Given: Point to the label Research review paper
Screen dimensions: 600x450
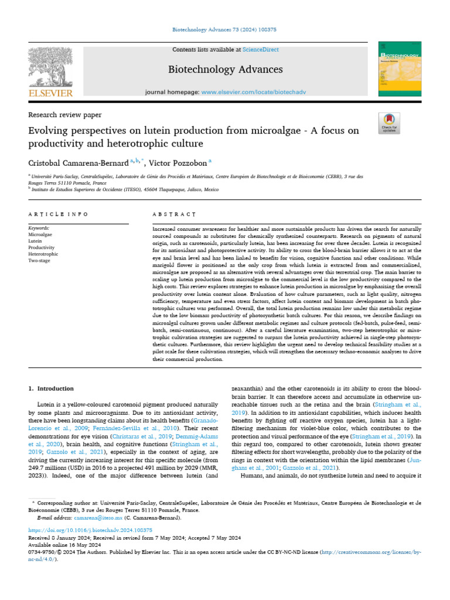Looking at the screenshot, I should pyautogui.click(x=65, y=115).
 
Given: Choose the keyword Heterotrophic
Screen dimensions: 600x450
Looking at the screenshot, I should pyautogui.click(x=43, y=254).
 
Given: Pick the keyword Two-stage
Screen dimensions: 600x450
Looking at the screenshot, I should pyautogui.click(x=40, y=261).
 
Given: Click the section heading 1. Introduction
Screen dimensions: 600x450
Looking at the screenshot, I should pyautogui.click(x=52, y=388).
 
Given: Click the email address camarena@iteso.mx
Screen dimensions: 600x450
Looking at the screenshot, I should pyautogui.click(x=102, y=518).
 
